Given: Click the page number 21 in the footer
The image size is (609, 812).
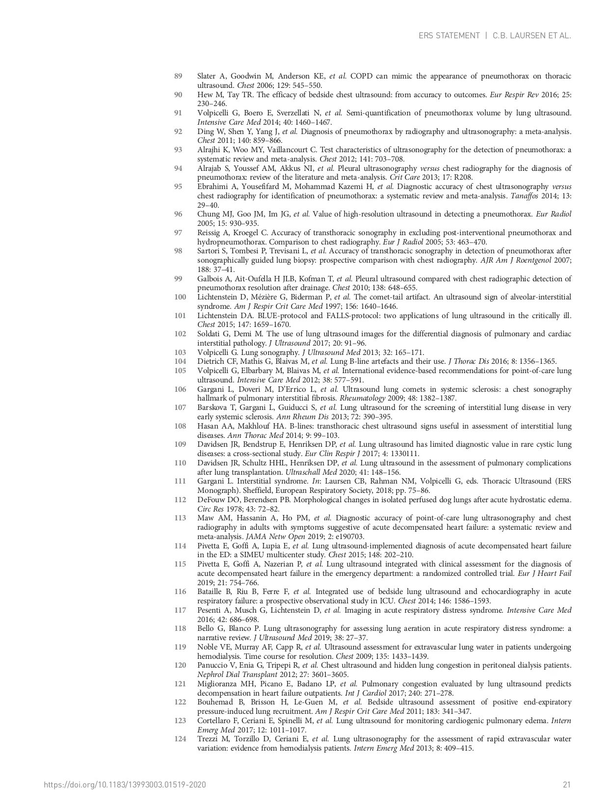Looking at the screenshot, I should tap(567, 785).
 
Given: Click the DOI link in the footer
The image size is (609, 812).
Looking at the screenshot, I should tap(125, 785).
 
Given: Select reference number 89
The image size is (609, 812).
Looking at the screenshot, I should tap(178, 76).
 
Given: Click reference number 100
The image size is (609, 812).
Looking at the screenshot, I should tap(180, 297).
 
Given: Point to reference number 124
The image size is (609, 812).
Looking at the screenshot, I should tap(180, 739).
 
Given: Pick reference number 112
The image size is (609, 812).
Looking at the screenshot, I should tap(180, 500).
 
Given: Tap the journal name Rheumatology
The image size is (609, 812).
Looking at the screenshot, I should tap(362, 398).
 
